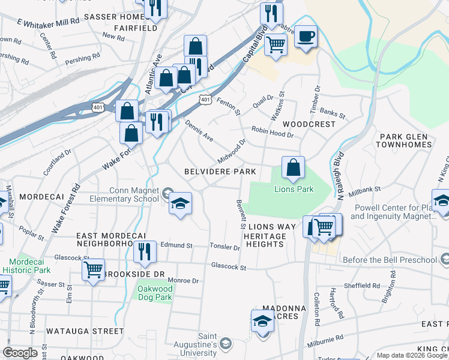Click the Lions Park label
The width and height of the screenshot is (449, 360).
tap(294, 190)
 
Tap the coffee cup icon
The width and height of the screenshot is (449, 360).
tap(306, 36)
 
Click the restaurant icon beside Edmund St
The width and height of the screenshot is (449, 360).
tap(144, 252)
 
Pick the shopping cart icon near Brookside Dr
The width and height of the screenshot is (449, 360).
tap(93, 270)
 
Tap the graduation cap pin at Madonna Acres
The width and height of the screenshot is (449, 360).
tap(262, 322)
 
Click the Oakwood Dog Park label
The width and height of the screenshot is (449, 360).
tap(153, 293)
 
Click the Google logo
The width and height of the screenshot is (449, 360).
tap(20, 353)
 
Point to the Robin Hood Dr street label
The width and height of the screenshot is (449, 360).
tap(272, 132)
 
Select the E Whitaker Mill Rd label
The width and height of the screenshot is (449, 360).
tap(48, 22)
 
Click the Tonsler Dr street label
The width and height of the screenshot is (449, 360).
tap(225, 247)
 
